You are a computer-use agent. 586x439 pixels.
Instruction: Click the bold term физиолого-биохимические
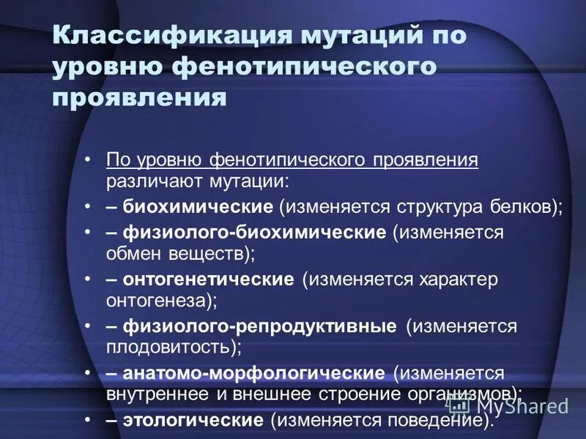click(x=254, y=233)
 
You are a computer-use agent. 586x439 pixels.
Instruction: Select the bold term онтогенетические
click(x=208, y=279)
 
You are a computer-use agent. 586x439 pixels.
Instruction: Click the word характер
click(x=458, y=279)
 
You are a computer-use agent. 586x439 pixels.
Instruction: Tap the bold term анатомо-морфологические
click(x=253, y=373)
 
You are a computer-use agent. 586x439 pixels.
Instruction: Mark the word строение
click(x=359, y=393)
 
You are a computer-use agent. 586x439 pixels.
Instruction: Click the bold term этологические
click(x=193, y=421)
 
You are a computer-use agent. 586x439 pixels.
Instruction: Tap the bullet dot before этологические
click(x=88, y=421)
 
